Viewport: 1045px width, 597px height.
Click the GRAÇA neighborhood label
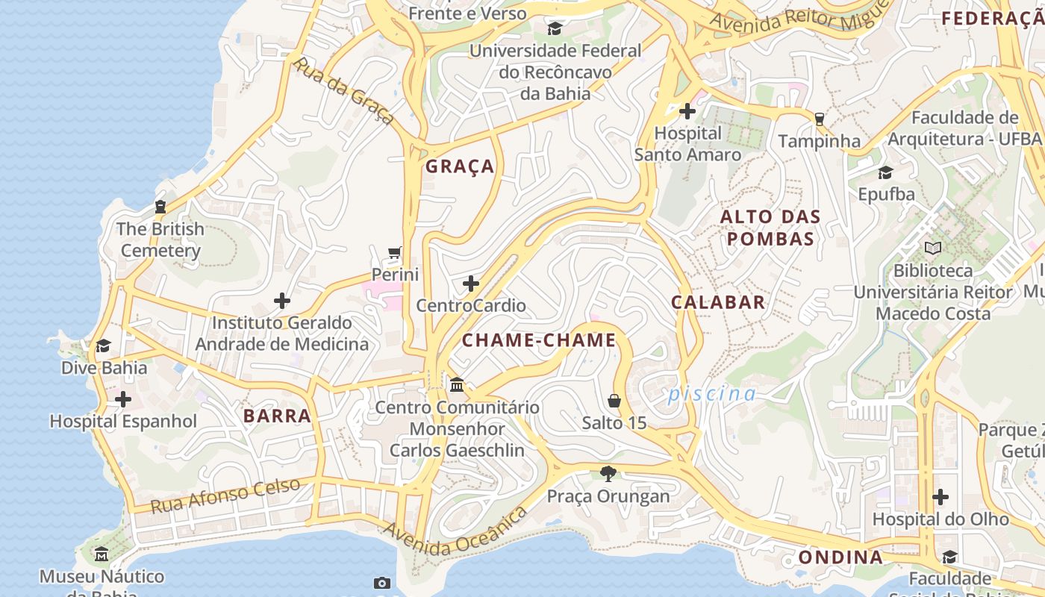(x=460, y=166)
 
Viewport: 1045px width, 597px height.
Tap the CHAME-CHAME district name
(x=539, y=340)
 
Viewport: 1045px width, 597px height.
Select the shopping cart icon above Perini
(x=395, y=253)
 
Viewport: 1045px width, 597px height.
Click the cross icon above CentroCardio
(x=471, y=284)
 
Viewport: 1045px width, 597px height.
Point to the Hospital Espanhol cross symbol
(x=123, y=399)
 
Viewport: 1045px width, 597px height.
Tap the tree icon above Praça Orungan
(x=608, y=473)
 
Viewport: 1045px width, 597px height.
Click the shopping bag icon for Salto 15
(x=614, y=401)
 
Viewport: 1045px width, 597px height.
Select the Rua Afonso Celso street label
(x=225, y=495)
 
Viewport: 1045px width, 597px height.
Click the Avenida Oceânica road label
(x=456, y=532)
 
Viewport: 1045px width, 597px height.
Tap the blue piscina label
(x=712, y=393)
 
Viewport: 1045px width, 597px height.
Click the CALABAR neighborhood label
(x=718, y=302)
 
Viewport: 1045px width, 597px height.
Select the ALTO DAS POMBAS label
(x=770, y=228)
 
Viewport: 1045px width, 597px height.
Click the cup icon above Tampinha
(x=820, y=119)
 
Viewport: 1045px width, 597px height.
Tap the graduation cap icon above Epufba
(x=886, y=172)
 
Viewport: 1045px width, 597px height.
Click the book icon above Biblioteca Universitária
(x=933, y=248)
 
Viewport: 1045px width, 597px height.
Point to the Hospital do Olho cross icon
(x=940, y=497)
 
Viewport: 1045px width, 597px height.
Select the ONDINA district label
(x=840, y=557)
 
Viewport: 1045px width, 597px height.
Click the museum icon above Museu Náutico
(x=102, y=554)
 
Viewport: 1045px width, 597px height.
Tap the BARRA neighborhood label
(x=277, y=416)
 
